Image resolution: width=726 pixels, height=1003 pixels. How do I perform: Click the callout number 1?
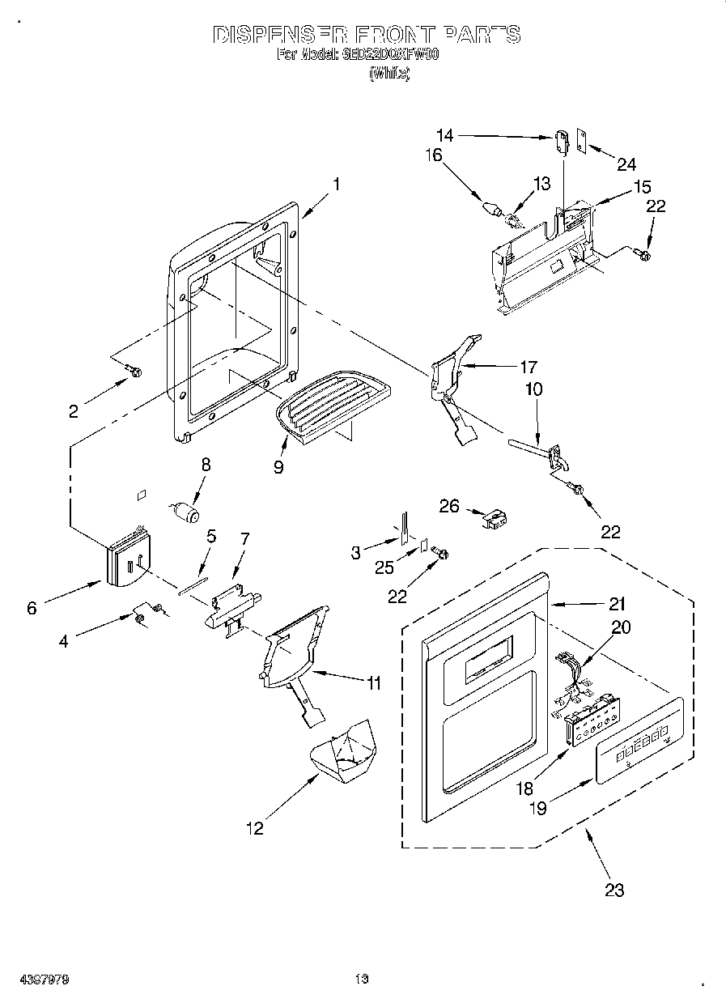pyautogui.click(x=337, y=185)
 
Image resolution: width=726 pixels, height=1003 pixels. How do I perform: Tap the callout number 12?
pyautogui.click(x=254, y=828)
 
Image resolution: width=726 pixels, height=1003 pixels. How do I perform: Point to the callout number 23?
pyautogui.click(x=614, y=890)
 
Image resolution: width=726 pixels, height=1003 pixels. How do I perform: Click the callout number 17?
pyautogui.click(x=529, y=366)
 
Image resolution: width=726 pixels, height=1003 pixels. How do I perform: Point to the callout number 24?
pyautogui.click(x=626, y=164)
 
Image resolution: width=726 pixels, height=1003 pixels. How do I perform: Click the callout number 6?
pyautogui.click(x=32, y=609)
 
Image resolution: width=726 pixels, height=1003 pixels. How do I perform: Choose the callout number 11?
pyautogui.click(x=372, y=683)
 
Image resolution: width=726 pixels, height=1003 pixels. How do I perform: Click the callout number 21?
pyautogui.click(x=618, y=603)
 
